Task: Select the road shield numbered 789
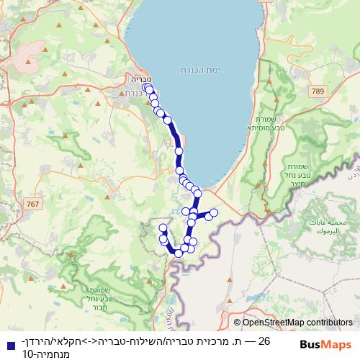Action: tap(320, 91)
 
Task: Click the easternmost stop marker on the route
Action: tap(213, 213)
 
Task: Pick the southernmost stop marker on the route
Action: tap(179, 253)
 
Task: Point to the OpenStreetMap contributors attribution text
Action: tap(294, 323)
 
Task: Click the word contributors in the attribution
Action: tap(330, 323)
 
